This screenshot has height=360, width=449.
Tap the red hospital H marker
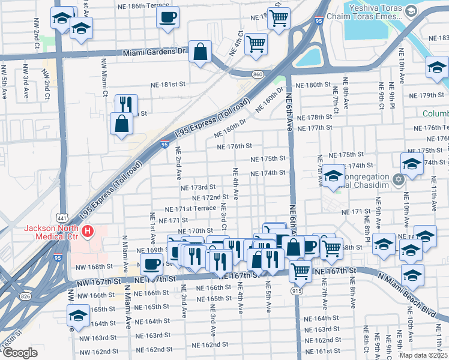(88, 230)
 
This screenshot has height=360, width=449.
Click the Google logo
(20, 353)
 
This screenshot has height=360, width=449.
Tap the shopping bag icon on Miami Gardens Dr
(200, 52)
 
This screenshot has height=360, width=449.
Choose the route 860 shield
(258, 74)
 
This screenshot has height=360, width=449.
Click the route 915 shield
(297, 291)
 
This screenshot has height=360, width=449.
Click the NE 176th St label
(234, 146)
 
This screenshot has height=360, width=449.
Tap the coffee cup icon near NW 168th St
(151, 262)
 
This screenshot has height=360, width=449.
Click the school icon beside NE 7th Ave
(332, 176)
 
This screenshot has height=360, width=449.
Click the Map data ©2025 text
(423, 355)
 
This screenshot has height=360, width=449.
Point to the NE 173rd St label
(197, 188)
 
